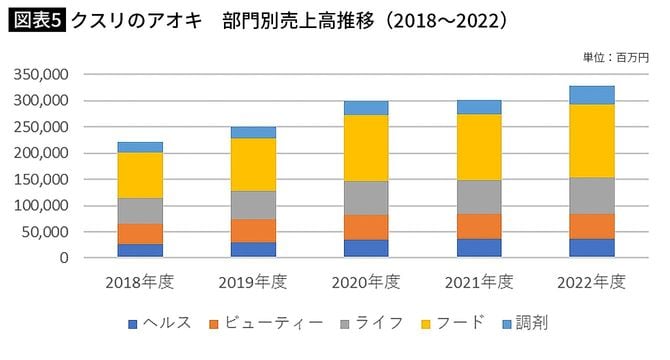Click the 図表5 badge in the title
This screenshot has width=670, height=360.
(x=35, y=20)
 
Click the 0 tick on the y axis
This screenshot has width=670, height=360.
(x=62, y=257)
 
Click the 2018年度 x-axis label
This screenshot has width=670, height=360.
(x=140, y=282)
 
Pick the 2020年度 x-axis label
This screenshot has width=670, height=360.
(x=365, y=282)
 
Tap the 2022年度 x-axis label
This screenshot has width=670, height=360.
(x=590, y=282)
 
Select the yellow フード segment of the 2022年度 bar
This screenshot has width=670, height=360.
(x=590, y=141)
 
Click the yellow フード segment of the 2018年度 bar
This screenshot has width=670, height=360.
(x=140, y=175)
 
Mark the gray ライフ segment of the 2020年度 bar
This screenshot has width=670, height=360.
(x=365, y=198)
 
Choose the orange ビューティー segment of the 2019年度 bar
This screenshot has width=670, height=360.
(x=252, y=230)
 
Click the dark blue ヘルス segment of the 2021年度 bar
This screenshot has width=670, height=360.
(x=478, y=247)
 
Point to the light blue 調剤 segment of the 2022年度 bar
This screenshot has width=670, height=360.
(x=590, y=95)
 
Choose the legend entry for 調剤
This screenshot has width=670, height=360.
(x=526, y=323)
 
